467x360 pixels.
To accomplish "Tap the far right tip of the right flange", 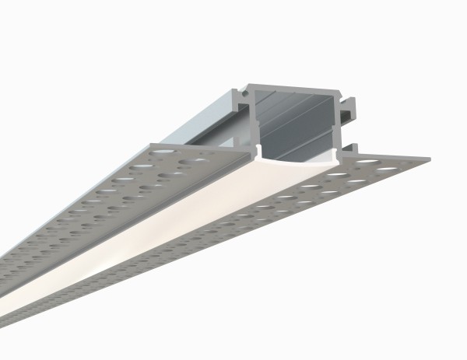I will click(427, 159).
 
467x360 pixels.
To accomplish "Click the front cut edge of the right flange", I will click(389, 164).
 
